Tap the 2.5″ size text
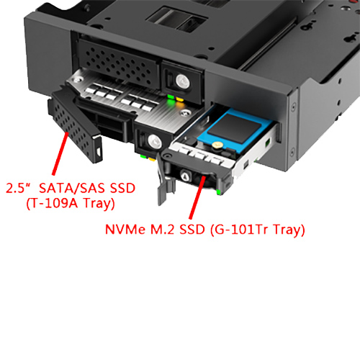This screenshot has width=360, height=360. point(19,188)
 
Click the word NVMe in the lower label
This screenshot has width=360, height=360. point(125,229)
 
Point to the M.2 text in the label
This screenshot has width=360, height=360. point(163,229)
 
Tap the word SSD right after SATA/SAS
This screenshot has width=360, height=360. point(122,188)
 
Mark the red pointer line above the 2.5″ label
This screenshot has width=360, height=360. point(60,153)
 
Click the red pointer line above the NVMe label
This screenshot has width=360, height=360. point(197,197)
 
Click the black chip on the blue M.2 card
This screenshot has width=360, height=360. point(230,128)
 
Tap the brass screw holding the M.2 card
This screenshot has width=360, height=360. point(217,145)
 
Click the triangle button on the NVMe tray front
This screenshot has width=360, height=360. point(184,176)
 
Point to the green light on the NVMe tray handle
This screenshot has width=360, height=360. point(218,192)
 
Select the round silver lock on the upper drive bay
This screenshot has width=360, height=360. point(183,81)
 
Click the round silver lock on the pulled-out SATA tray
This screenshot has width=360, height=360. point(154,141)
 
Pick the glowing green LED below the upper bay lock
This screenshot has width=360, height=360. point(171,97)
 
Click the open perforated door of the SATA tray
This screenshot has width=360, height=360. point(75,125)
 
